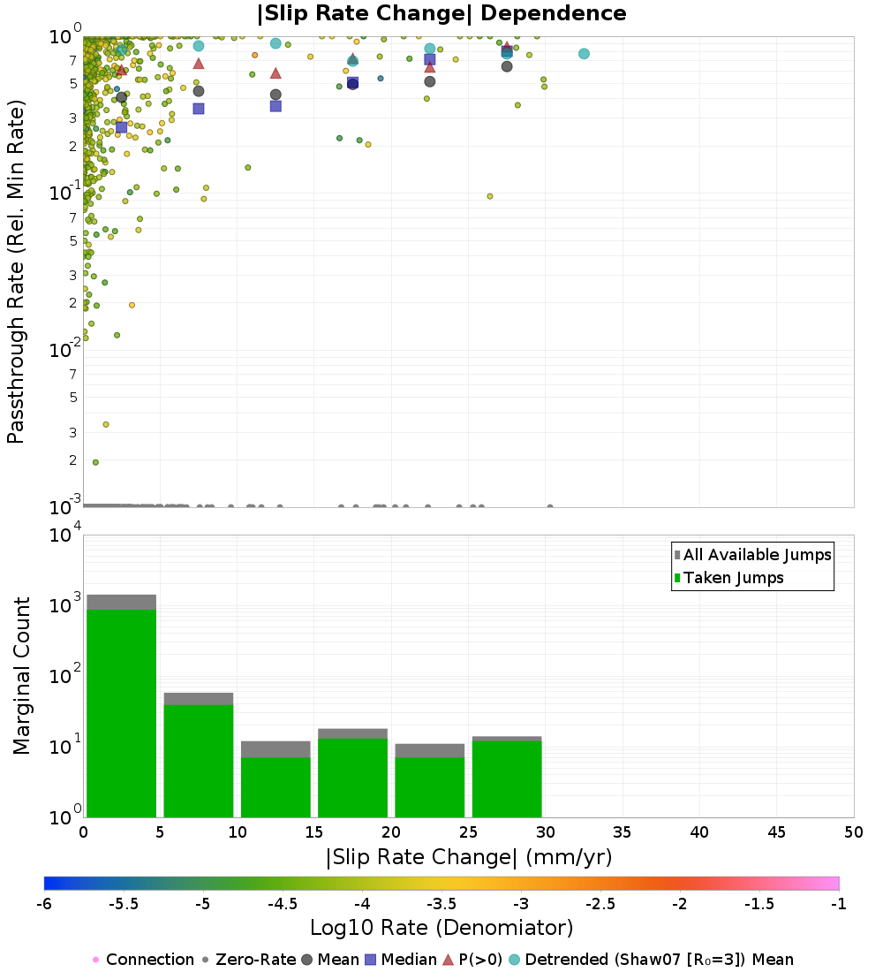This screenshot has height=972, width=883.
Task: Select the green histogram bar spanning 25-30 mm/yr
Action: [507, 778]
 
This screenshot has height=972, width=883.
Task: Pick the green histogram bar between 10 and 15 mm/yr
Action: [275, 786]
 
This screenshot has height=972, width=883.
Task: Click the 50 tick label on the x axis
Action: [853, 832]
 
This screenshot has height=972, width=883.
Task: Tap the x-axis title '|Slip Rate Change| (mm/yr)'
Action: [468, 857]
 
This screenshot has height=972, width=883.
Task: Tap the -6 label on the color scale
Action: [44, 903]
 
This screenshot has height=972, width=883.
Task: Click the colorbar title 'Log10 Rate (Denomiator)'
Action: [441, 928]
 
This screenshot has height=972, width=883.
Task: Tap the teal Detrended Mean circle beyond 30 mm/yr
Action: [584, 54]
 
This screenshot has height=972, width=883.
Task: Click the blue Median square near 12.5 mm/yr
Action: [275, 106]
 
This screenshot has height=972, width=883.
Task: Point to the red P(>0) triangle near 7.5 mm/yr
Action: [199, 64]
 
